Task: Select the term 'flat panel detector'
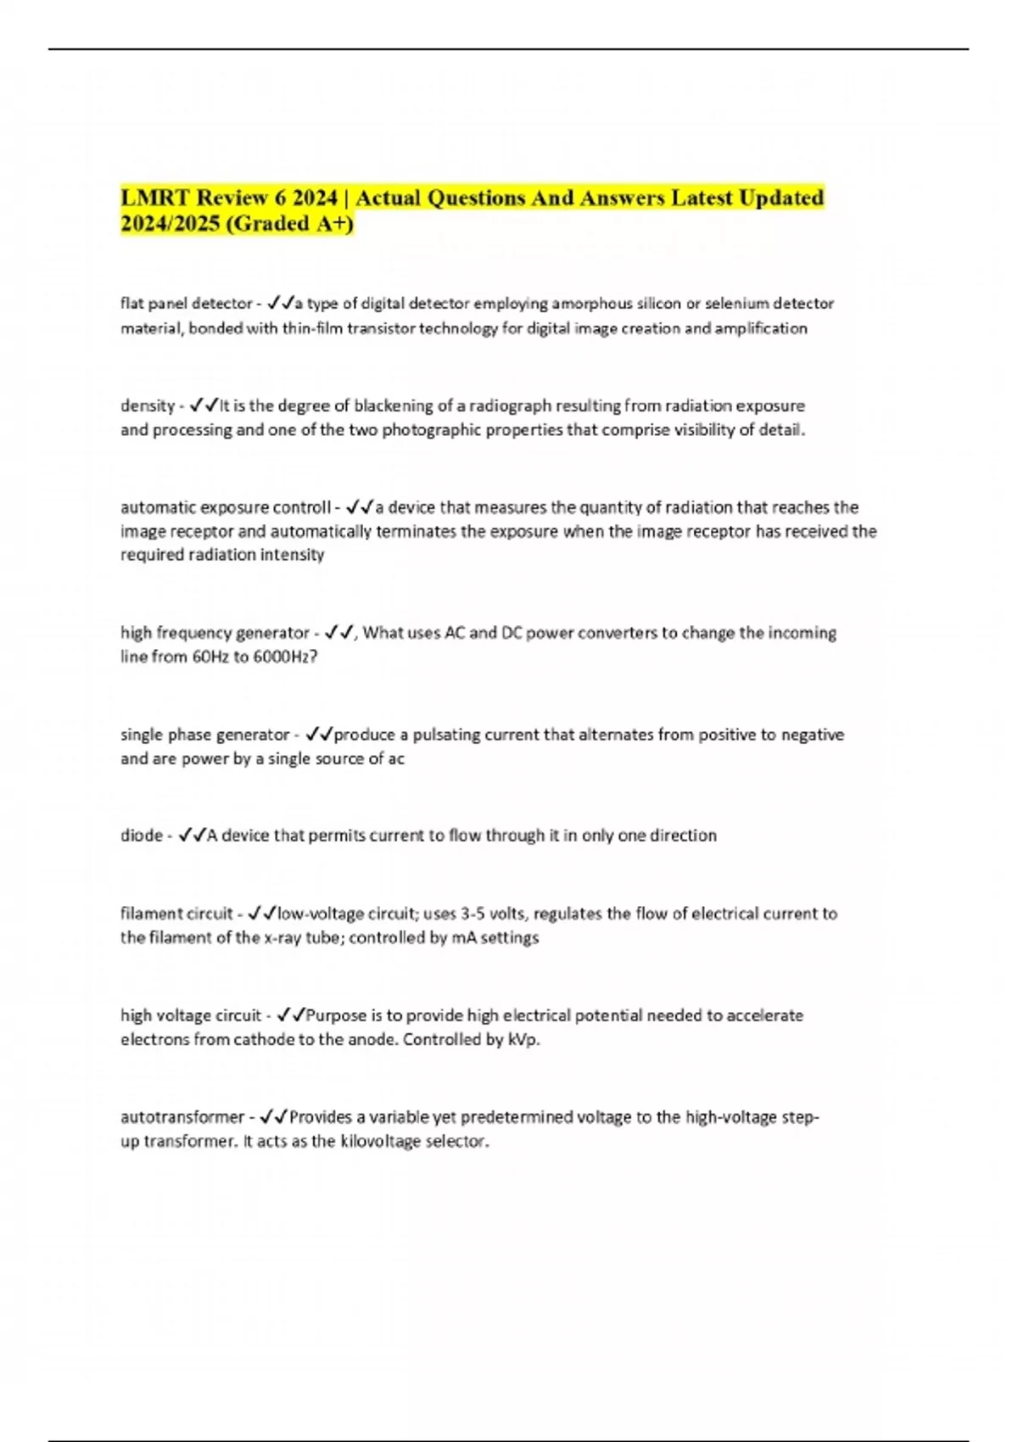tap(186, 303)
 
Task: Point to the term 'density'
tap(147, 405)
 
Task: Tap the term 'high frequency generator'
tap(215, 633)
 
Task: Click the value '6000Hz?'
tap(285, 657)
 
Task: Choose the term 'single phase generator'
tap(204, 735)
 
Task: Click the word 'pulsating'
tap(446, 735)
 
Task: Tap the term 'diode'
tap(141, 836)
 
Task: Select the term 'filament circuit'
tap(176, 914)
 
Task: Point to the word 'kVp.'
tap(523, 1040)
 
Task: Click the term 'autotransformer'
tap(182, 1117)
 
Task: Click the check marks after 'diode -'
tap(192, 836)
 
